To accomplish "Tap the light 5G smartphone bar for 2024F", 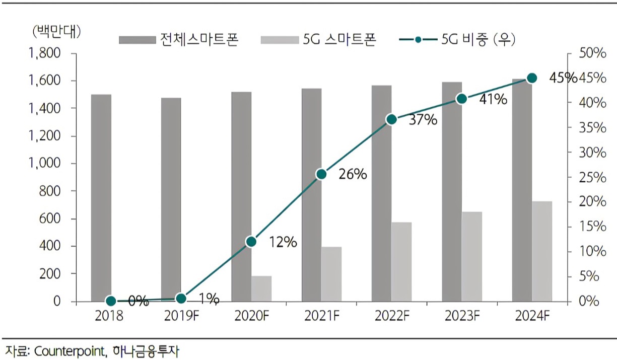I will [542, 251].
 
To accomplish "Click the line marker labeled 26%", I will [321, 174].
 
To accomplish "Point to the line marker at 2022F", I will [391, 119].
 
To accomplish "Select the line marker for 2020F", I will [251, 242].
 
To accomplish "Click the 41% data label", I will [493, 100].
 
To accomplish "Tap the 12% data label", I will [282, 242].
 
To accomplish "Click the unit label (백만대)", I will [56, 31].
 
